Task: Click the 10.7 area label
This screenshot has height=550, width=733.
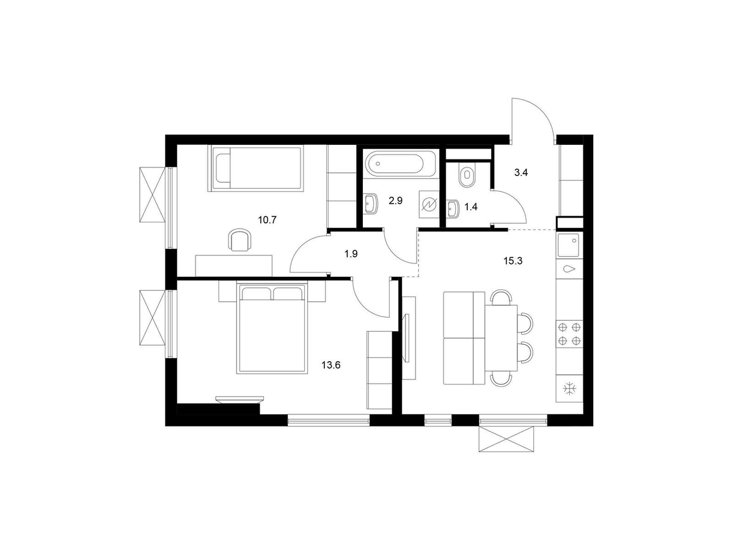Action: tap(267, 220)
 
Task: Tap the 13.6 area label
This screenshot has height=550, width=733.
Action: tap(330, 365)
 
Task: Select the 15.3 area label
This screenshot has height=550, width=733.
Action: tap(513, 261)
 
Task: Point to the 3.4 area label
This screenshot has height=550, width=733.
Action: tap(521, 173)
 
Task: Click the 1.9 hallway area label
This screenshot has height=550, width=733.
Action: tap(351, 254)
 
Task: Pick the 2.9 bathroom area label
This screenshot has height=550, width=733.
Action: tap(396, 200)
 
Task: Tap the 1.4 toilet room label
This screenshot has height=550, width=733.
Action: tap(471, 207)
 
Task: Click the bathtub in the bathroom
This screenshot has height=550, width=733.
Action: tap(400, 164)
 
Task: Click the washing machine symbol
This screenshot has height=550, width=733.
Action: tap(429, 205)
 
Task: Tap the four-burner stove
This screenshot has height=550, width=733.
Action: tap(569, 334)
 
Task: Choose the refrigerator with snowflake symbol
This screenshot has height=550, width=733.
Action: tap(569, 389)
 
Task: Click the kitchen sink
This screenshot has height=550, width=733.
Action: tap(569, 245)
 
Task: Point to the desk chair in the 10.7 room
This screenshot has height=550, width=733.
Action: tap(239, 240)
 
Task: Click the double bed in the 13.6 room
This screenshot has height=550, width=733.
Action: tap(272, 328)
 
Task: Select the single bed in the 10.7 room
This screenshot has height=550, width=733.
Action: tap(256, 169)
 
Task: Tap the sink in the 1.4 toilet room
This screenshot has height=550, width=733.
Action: tap(452, 209)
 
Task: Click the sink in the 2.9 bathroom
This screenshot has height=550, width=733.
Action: tap(371, 204)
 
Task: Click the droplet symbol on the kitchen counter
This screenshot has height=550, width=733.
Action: tap(569, 268)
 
